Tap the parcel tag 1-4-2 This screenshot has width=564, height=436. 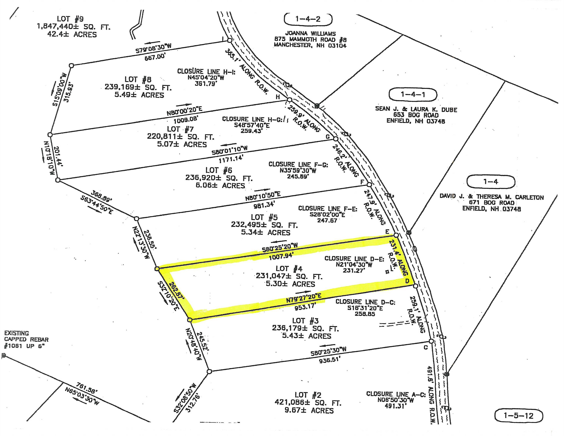point(308,19)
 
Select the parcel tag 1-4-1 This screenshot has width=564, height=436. point(413,95)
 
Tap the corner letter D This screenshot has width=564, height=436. point(407,281)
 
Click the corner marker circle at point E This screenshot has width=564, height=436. point(396,235)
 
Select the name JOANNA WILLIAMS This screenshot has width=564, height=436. point(310,33)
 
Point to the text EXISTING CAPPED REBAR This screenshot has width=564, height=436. point(26,336)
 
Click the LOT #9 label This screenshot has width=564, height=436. point(70,19)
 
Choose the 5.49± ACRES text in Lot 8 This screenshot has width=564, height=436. point(139,95)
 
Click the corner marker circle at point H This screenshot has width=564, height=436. point(290,100)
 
